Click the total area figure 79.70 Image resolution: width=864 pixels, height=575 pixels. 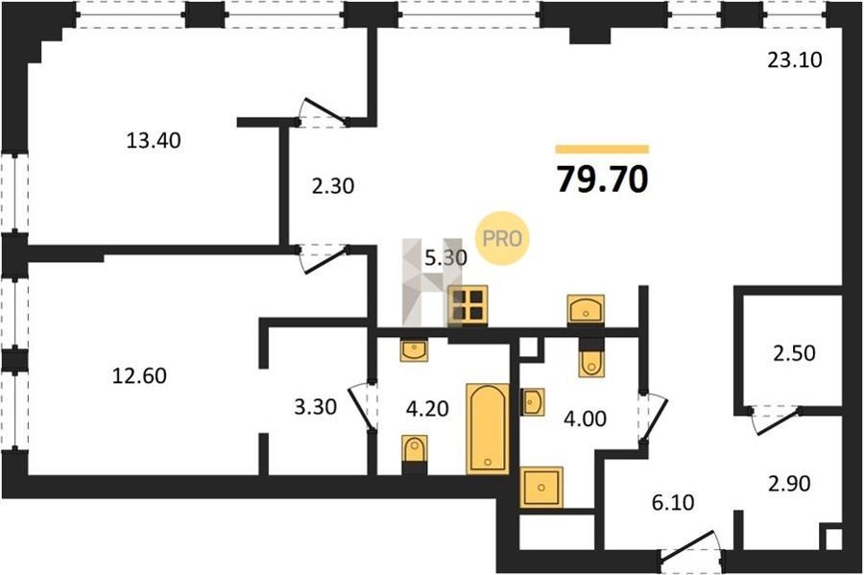[602, 180]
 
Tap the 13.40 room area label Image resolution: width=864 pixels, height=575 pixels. [154, 140]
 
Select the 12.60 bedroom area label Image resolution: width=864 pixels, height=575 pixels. [139, 375]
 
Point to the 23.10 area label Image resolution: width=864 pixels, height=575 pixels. [795, 60]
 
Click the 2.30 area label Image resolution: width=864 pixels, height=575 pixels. [333, 186]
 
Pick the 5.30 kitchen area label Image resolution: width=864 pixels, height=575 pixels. [445, 257]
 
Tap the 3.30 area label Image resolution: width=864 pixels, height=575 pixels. [315, 407]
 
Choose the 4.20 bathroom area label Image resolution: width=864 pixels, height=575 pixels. [427, 409]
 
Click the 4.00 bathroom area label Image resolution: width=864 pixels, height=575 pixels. [586, 419]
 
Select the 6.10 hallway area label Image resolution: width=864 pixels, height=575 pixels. [673, 502]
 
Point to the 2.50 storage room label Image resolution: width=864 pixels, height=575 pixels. [794, 353]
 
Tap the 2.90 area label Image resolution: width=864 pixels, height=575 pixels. [789, 484]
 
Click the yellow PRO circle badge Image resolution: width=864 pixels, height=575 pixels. [502, 238]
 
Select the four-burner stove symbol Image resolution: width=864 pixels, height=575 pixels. [468, 305]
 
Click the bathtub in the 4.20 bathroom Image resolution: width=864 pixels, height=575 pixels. [488, 429]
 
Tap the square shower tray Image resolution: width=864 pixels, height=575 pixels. [541, 487]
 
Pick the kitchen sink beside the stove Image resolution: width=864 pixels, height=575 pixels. [586, 310]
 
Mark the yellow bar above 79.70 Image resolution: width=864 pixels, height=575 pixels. [602, 149]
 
